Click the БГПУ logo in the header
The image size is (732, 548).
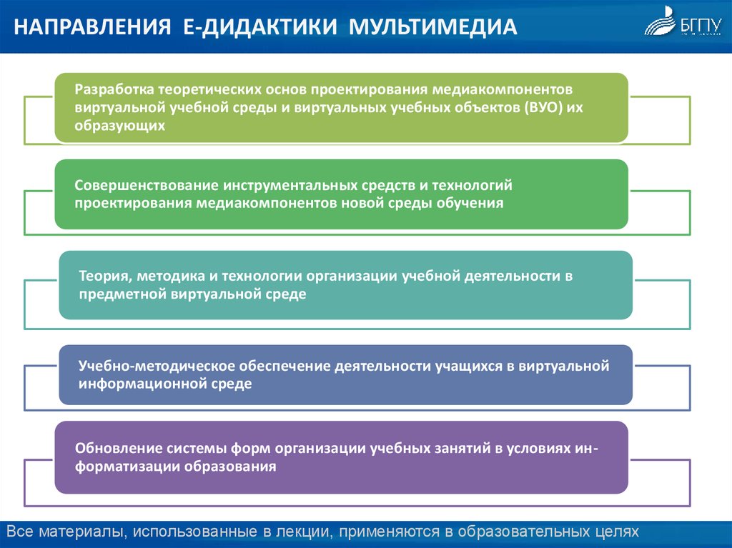pyautogui.click(x=683, y=21)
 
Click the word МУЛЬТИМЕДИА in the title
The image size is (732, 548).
pyautogui.click(x=432, y=27)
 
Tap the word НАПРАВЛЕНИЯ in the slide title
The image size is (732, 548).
pyautogui.click(x=92, y=27)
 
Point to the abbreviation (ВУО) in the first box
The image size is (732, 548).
pyautogui.click(x=543, y=108)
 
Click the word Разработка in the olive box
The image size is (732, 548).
pyautogui.click(x=114, y=89)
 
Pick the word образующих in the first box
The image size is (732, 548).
pyautogui.click(x=120, y=126)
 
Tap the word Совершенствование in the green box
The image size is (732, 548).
pyautogui.click(x=146, y=185)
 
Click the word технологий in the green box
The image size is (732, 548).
pyautogui.click(x=472, y=185)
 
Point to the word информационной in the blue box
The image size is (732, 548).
pyautogui.click(x=142, y=384)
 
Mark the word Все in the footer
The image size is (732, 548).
pyautogui.click(x=20, y=531)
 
